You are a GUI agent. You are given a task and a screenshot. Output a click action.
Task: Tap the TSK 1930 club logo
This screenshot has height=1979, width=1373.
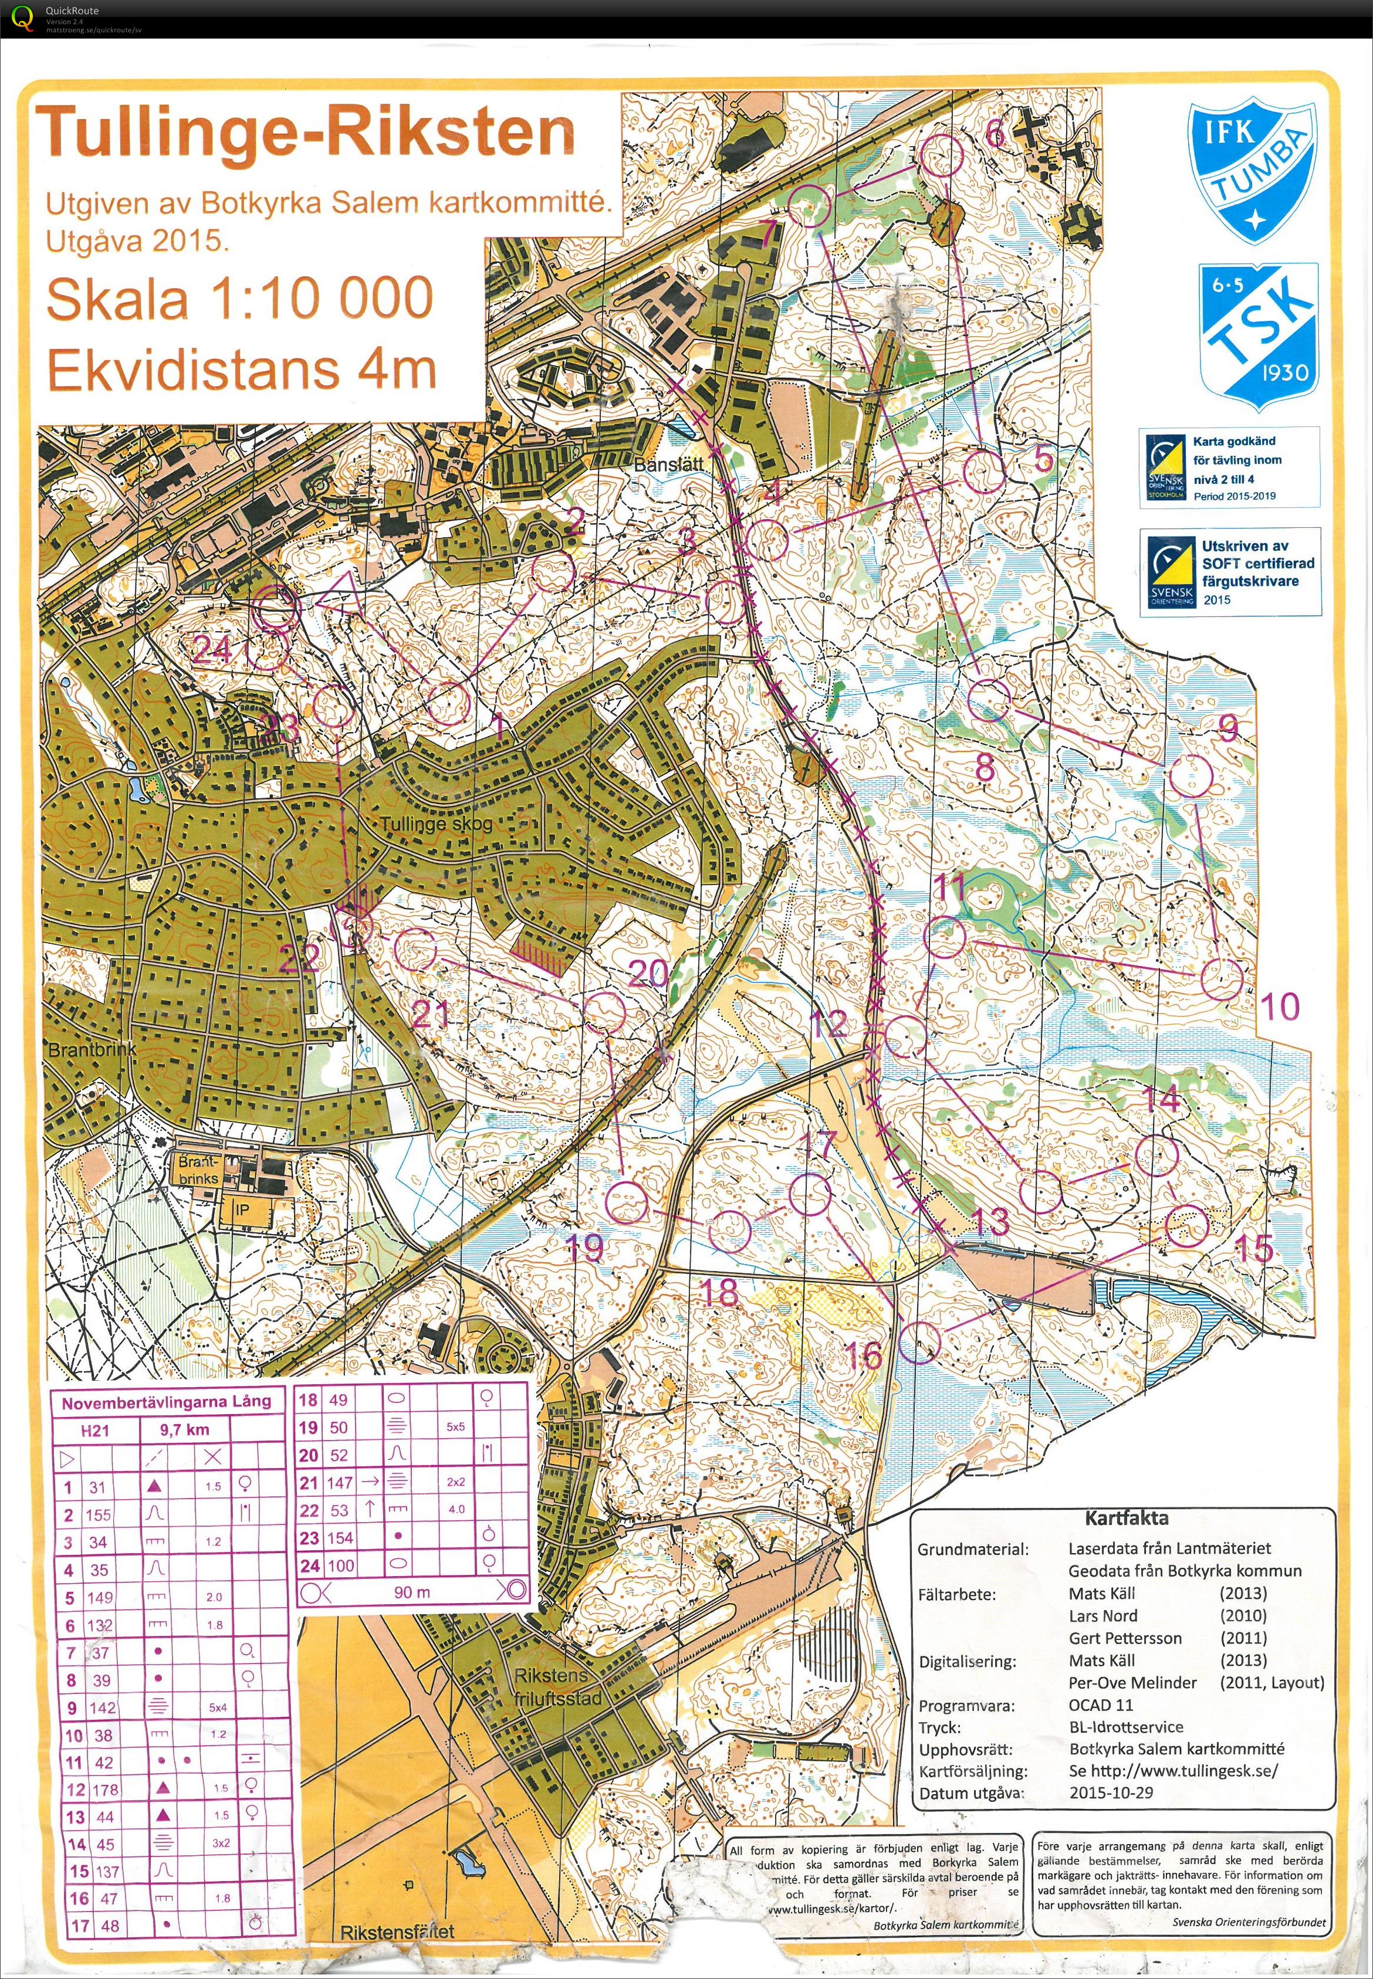pos(1258,332)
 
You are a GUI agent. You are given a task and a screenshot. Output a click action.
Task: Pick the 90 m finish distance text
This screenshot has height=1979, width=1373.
pos(411,1592)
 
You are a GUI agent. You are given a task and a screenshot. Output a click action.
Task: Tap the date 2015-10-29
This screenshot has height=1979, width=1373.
pos(1111,1793)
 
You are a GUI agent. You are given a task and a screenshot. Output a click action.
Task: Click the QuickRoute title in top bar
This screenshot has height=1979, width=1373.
pos(72,11)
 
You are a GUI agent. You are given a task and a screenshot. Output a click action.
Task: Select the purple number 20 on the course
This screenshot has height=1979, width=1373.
pos(648,972)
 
